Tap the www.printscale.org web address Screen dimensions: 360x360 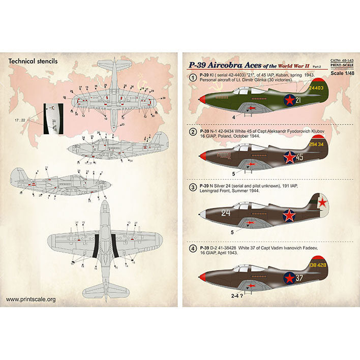[31, 299]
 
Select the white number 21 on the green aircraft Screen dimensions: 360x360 [298, 100]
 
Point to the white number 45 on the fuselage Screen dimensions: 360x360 [299, 158]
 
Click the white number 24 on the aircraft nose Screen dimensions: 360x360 [226, 213]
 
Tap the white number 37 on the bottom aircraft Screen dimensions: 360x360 [299, 278]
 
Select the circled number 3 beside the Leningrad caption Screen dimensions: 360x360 [193, 188]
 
